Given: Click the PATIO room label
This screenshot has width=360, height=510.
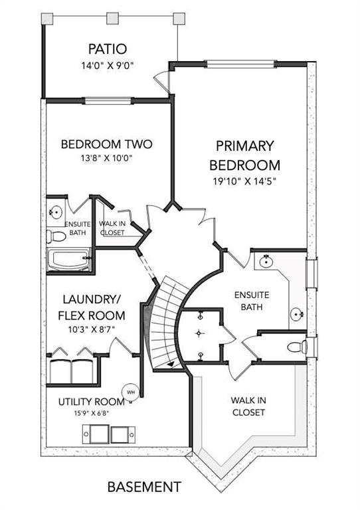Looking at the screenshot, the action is click(x=108, y=49).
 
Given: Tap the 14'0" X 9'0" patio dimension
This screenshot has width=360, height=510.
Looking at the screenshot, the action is click(x=108, y=66).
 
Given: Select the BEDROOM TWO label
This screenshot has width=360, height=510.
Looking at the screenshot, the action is click(x=107, y=144).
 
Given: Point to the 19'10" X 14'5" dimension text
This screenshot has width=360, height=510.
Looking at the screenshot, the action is click(x=244, y=181).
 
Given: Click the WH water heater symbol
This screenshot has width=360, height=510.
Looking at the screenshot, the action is click(x=130, y=392).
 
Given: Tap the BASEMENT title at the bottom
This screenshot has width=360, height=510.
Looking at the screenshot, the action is click(x=144, y=487).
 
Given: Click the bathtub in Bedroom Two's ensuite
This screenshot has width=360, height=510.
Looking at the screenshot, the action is click(x=69, y=260).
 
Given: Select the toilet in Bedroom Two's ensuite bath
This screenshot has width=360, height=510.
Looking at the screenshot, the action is click(x=56, y=236).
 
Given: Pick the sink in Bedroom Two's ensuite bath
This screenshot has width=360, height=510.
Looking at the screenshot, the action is click(x=56, y=212).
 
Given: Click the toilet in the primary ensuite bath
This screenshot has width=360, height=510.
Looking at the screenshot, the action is click(x=298, y=347).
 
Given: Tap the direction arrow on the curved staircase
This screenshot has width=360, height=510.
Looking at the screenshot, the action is click(x=171, y=365).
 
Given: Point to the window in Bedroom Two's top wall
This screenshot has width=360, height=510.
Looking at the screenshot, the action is click(x=109, y=100).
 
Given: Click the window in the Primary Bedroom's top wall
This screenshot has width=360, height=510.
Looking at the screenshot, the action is click(x=241, y=64).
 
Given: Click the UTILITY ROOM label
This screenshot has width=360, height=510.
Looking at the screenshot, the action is click(x=92, y=402).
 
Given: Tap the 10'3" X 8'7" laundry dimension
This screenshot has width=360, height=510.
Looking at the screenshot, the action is click(x=92, y=329).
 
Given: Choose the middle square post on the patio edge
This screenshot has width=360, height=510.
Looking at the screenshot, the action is click(x=112, y=18).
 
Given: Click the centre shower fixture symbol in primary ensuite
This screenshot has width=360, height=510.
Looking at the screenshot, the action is click(x=199, y=333).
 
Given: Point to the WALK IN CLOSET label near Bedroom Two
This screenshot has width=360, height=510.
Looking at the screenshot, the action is click(x=112, y=228).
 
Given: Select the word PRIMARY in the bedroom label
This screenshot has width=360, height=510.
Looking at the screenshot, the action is click(x=245, y=145).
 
